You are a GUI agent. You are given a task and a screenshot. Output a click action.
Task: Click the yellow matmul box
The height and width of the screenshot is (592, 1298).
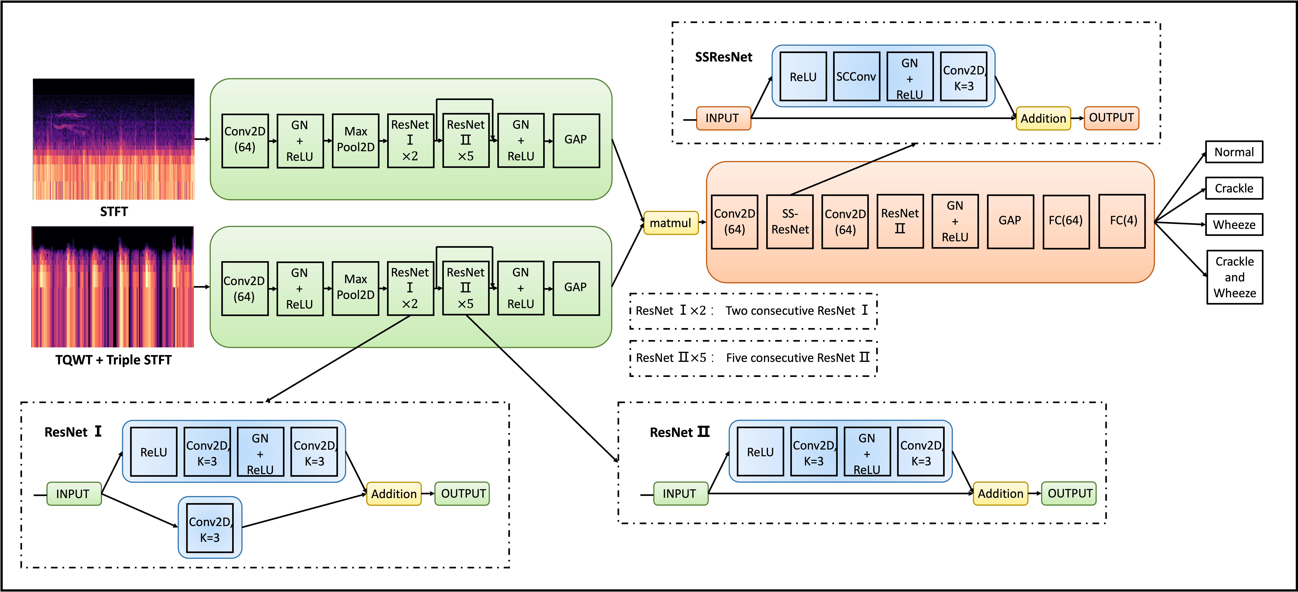click(x=671, y=223)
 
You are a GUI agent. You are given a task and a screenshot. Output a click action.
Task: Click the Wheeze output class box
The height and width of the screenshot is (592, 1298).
click(x=1234, y=224)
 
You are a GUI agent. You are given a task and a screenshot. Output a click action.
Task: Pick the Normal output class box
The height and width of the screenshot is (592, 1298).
click(x=1234, y=152)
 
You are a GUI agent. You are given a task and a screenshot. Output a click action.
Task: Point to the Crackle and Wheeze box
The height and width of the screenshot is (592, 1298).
click(x=1234, y=277)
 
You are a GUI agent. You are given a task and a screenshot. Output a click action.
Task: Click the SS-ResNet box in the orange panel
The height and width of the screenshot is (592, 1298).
click(x=790, y=222)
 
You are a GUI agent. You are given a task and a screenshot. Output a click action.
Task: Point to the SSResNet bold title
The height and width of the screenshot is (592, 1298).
click(x=724, y=57)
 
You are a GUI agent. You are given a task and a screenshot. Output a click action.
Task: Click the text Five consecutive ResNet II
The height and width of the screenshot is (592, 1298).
click(x=798, y=358)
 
